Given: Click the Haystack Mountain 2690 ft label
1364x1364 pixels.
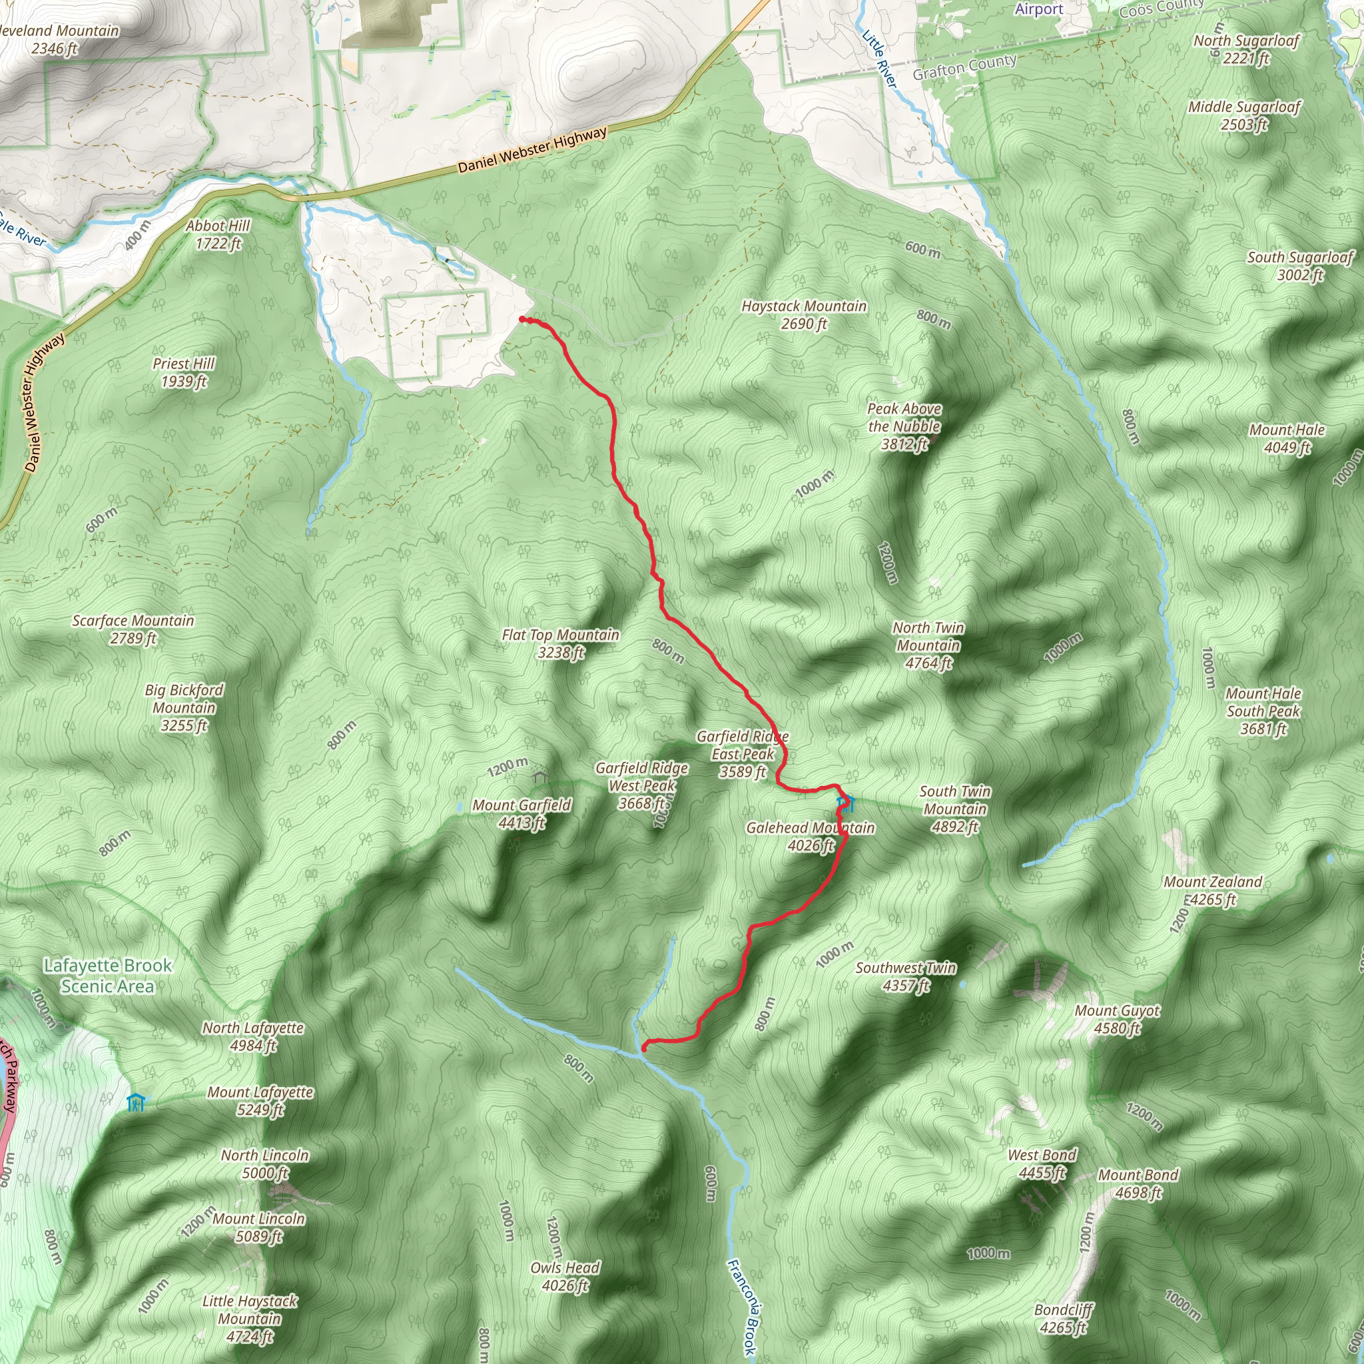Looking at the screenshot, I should click(803, 315).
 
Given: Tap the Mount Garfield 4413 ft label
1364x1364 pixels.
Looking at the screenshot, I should click(521, 813).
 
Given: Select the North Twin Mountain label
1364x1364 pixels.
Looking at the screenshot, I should click(928, 645).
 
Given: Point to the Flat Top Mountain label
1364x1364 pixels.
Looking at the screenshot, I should click(561, 643).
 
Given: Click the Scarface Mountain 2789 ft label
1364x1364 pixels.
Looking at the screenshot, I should click(133, 629).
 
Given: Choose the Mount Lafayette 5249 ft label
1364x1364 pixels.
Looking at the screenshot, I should click(260, 1101).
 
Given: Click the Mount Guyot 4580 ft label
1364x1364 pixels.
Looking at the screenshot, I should click(1117, 1020).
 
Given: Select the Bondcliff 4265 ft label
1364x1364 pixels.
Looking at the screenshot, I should click(1063, 1319).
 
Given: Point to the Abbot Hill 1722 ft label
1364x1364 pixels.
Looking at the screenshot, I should click(218, 234).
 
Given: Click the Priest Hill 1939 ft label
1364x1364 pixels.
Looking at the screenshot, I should click(184, 372).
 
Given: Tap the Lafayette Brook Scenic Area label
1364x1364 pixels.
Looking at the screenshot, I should click(107, 976).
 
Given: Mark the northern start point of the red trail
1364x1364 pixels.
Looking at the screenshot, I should click(522, 320).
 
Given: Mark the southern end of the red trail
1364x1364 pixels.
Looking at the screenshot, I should click(643, 1049).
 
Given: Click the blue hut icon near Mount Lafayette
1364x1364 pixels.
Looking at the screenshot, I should click(136, 1103).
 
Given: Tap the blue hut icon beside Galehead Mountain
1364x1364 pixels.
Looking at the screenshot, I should click(845, 803).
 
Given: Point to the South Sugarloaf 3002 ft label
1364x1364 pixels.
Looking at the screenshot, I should click(1300, 266).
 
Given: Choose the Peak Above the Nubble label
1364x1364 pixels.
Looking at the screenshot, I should click(904, 426).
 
